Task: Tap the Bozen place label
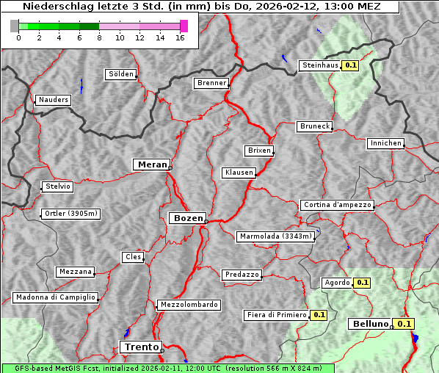pos(186,218)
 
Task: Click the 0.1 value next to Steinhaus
pos(351,65)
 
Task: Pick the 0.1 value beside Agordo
pos(363,283)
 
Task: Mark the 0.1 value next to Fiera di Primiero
pos(319,315)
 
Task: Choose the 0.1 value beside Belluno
pos(404,324)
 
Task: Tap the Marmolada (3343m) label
pos(276,236)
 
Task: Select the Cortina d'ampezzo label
pos(337,205)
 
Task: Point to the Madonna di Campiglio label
pos(55,297)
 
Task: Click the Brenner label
pos(211,83)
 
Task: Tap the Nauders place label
pos(54,100)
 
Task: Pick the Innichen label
pos(385,143)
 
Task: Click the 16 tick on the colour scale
pos(180,37)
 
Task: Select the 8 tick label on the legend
pos(98,37)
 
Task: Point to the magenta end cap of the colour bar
pos(184,26)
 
